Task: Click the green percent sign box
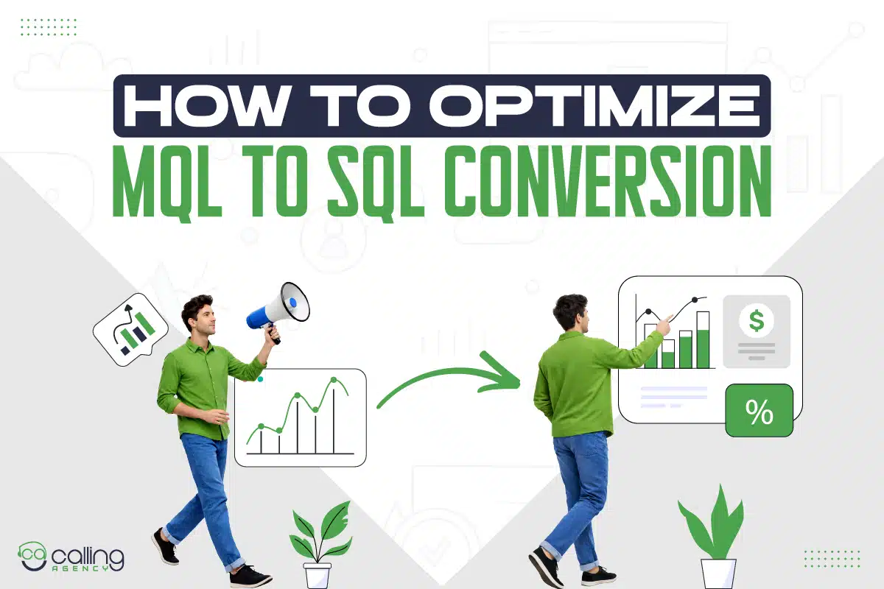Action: point(759,411)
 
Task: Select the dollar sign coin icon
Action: point(756,321)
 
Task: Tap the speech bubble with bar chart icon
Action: point(130,331)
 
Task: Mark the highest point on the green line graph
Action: point(334,380)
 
